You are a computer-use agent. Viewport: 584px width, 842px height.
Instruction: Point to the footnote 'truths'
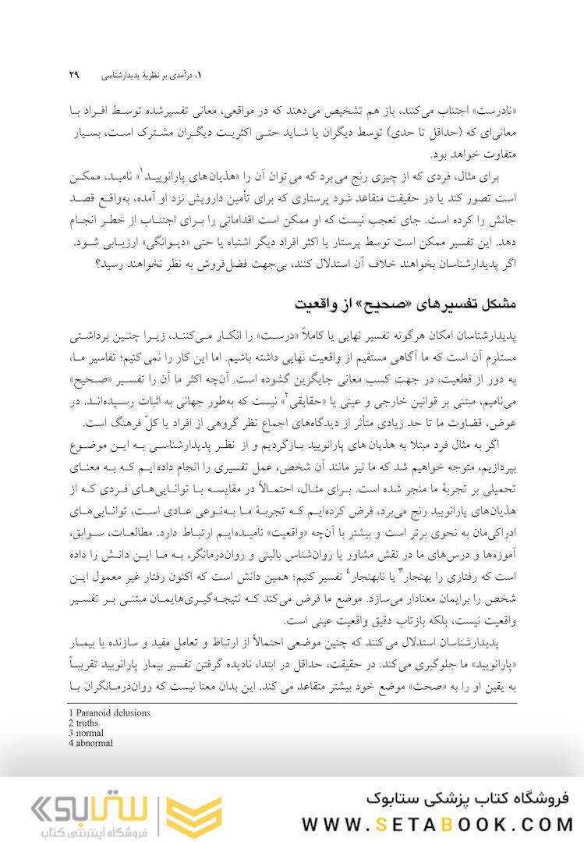(84, 723)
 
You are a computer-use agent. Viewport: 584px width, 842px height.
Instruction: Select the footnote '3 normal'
(86, 733)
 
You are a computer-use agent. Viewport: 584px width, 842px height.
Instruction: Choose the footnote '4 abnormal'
(90, 743)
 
